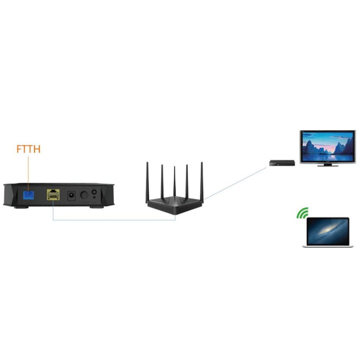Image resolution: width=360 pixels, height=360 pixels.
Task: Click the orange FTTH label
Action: coord(28,149)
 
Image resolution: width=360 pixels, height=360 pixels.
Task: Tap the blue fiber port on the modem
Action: coord(28,194)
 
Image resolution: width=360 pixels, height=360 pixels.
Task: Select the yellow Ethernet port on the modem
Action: coord(53,194)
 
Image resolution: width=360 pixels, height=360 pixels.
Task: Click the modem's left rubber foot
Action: coord(21,207)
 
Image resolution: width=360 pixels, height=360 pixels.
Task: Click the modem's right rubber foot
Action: coord(96,207)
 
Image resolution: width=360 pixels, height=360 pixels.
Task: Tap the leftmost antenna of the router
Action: coord(147,181)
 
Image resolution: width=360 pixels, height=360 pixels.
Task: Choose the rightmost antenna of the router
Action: coord(202,181)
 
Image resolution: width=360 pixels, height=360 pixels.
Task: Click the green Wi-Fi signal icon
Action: coord(302,213)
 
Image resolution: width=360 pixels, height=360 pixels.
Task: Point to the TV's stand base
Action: coord(328,165)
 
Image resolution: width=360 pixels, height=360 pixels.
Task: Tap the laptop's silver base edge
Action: coord(328,246)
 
